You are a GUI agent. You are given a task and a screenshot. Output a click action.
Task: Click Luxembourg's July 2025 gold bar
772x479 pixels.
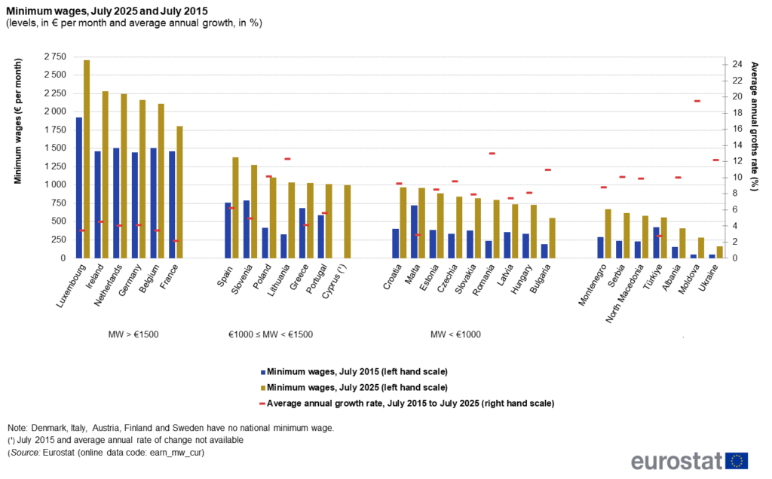[x=87, y=158]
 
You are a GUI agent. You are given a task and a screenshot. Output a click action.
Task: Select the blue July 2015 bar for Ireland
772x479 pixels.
[x=98, y=204]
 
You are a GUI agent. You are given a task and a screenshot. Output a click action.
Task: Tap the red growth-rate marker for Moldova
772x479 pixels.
[x=697, y=101]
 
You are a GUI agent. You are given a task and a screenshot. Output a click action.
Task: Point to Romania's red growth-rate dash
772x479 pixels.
[x=492, y=154]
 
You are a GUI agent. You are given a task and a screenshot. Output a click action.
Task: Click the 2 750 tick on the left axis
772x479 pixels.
[x=54, y=56]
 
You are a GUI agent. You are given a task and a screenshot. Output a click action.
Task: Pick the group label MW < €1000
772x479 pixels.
[x=455, y=334]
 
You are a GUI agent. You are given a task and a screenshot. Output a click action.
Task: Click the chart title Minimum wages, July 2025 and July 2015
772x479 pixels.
[x=108, y=11]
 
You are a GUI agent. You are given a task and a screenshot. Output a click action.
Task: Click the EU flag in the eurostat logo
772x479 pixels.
[x=737, y=461]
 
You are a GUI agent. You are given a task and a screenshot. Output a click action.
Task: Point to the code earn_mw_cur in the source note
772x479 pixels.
[x=179, y=453]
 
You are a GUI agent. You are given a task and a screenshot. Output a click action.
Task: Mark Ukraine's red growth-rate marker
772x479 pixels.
[x=716, y=160]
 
